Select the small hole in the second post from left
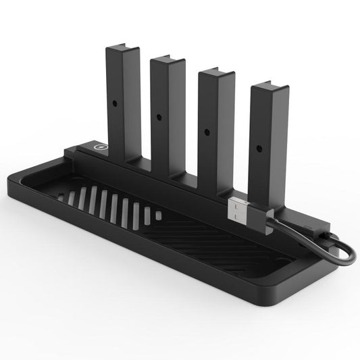pyautogui.click(x=159, y=116)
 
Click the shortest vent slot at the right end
pyautogui.click(x=159, y=215)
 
